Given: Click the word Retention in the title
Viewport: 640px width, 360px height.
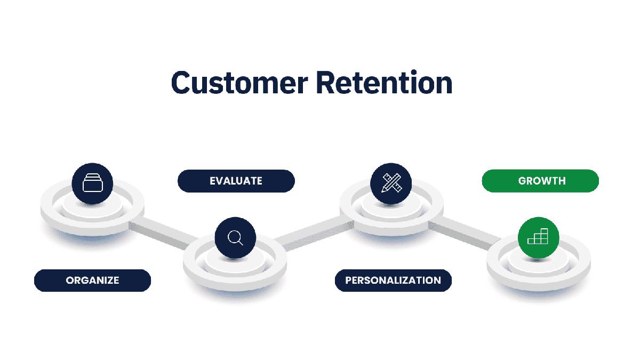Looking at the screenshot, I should [x=384, y=83].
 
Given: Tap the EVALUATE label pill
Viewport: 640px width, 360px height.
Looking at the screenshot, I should [x=236, y=181].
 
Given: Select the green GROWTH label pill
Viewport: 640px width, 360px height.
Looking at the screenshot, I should [x=541, y=181].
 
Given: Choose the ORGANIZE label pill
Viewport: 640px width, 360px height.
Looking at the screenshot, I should [x=92, y=280].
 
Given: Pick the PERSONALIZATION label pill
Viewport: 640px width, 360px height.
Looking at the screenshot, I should [x=393, y=280].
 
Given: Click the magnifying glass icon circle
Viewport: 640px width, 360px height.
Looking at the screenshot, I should [x=235, y=237].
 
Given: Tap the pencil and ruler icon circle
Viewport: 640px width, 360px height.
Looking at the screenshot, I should [x=391, y=183].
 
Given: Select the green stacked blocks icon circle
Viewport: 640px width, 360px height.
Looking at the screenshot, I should [x=538, y=237].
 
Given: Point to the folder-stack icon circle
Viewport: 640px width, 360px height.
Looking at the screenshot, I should [x=92, y=183].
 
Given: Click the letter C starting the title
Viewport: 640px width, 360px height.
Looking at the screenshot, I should [x=181, y=83].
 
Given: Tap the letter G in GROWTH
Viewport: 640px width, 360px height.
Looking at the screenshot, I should [x=522, y=181].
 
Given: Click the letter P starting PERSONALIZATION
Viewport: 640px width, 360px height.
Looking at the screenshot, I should [x=349, y=280].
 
